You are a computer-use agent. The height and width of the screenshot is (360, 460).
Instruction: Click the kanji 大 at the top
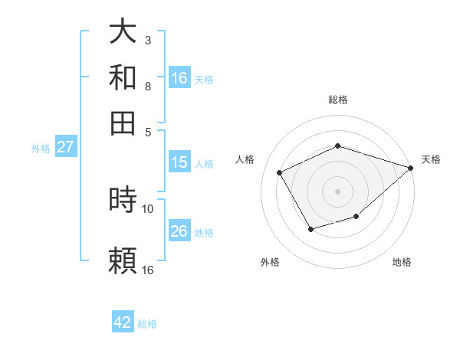coord(123,31)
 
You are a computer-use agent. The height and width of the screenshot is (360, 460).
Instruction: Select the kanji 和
coord(123,77)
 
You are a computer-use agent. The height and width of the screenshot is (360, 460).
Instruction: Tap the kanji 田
coord(123,123)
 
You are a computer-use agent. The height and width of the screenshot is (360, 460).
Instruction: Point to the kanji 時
coord(123,201)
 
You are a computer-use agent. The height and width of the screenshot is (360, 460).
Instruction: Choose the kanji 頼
coord(123,261)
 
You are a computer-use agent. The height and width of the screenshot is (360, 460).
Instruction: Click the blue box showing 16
coord(179,78)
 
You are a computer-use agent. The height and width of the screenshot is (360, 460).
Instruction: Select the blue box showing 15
coord(179,162)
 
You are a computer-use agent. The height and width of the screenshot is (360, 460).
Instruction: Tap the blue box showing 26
coord(179,231)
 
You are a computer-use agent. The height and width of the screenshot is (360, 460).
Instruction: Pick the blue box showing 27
coord(65,148)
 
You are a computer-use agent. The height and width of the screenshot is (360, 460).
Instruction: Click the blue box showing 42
coord(123,322)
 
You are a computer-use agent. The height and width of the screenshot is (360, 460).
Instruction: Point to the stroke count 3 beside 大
coord(147,40)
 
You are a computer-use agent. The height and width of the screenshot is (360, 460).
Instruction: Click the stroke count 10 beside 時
coord(148,208)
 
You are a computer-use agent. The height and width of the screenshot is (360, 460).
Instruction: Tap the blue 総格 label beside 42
coord(147,324)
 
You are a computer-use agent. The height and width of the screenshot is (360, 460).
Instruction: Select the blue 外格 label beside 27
coord(41,149)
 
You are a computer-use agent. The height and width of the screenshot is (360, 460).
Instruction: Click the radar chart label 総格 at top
coord(337,100)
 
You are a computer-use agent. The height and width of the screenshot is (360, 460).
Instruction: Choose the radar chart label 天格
coord(432,159)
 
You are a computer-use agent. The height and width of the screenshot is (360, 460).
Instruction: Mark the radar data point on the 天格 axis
coord(411,168)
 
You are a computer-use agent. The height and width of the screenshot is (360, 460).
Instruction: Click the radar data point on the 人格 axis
coord(280,173)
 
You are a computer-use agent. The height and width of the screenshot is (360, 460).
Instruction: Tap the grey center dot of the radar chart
coord(337,191)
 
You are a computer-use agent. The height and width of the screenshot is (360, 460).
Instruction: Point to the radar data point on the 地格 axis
coord(356,218)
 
